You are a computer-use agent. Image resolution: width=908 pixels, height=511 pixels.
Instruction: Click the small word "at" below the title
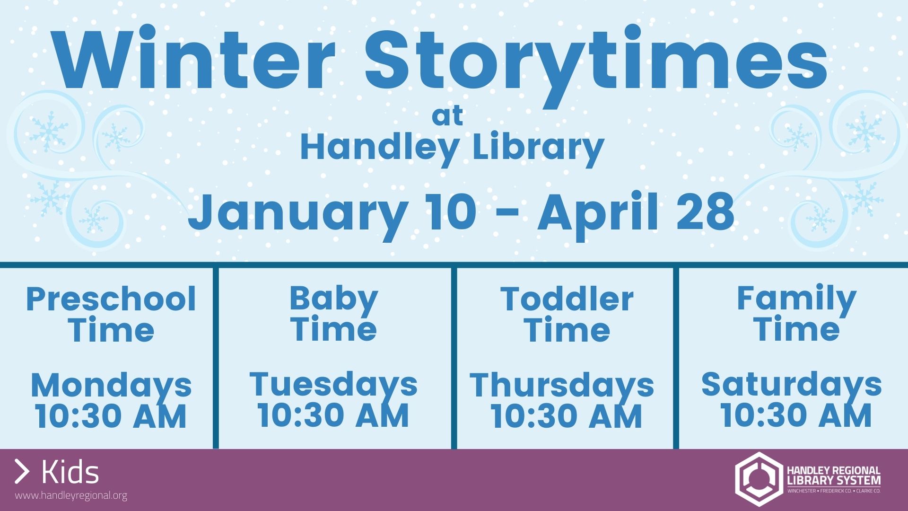[x=447, y=116]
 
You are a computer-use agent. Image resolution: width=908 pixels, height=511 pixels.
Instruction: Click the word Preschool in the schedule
[x=111, y=299]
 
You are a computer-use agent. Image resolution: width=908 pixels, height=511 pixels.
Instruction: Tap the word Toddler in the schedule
[x=567, y=299]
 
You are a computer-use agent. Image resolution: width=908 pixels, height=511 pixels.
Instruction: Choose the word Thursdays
[x=562, y=386]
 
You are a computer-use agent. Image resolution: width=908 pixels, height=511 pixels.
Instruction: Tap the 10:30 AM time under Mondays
[x=111, y=416]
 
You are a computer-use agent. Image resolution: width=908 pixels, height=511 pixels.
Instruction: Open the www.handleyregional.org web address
[x=71, y=496]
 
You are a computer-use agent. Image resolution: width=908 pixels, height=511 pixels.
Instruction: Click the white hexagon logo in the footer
[x=758, y=479]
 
